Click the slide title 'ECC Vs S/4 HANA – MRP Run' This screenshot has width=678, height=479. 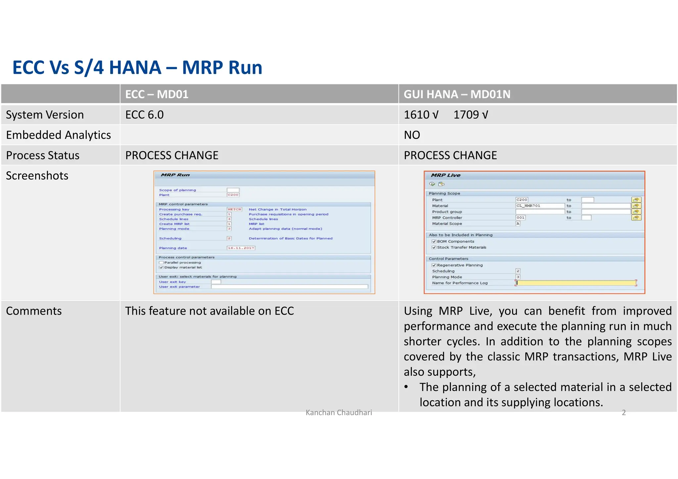click(x=137, y=67)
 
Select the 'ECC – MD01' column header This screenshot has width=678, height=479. click(x=157, y=94)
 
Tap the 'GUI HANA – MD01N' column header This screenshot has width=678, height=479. click(x=457, y=94)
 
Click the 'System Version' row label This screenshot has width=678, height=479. click(x=45, y=115)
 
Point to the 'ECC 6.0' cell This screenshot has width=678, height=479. click(x=144, y=115)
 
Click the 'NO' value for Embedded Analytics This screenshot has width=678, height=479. click(x=412, y=135)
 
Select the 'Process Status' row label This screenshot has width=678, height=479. click(x=43, y=155)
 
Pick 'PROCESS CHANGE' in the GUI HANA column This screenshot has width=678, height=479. click(x=450, y=155)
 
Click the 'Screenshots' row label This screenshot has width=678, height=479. click(x=37, y=176)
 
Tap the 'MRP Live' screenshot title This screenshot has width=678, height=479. click(x=446, y=175)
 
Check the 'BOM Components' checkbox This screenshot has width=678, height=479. click(x=434, y=241)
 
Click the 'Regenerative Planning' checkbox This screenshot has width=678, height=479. click(x=434, y=265)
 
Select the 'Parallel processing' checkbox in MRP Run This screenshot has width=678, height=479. click(x=161, y=263)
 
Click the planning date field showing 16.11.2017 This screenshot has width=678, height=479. click(x=241, y=248)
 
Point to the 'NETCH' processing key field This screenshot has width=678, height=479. click(x=234, y=209)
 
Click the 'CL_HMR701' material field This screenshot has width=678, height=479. click(x=540, y=206)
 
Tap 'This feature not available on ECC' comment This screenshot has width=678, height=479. click(x=209, y=311)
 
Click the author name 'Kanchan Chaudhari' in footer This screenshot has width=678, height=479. click(x=339, y=413)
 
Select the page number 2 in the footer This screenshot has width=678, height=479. click(x=624, y=413)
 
